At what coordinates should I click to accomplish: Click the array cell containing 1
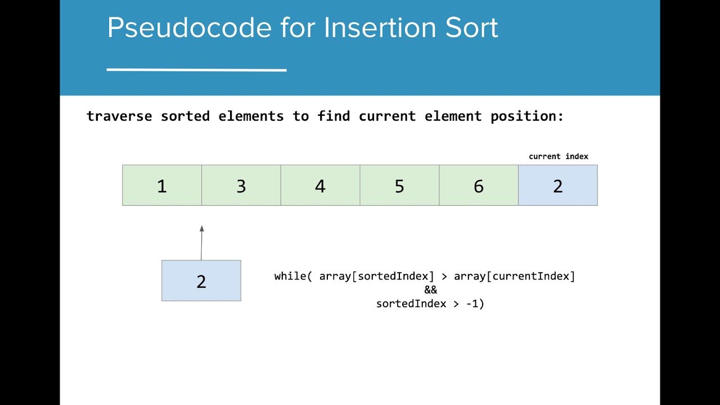click(162, 186)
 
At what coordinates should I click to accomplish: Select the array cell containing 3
click(241, 186)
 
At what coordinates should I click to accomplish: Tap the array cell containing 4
click(321, 186)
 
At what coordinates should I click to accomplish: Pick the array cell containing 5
click(399, 186)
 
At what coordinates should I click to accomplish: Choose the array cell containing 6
click(479, 186)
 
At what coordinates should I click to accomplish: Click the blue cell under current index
click(558, 186)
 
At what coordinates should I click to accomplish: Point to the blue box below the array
click(201, 281)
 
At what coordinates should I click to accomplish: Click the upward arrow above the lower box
click(201, 242)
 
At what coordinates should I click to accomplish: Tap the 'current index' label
click(559, 156)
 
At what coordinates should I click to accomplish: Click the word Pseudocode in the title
click(189, 28)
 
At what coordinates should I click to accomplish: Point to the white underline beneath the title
click(196, 70)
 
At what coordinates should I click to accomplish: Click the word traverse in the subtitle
click(119, 116)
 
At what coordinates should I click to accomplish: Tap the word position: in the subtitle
click(527, 116)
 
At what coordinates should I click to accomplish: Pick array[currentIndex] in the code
click(515, 276)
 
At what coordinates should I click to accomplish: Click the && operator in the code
click(430, 290)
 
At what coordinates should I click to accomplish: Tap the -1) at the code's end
click(475, 304)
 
